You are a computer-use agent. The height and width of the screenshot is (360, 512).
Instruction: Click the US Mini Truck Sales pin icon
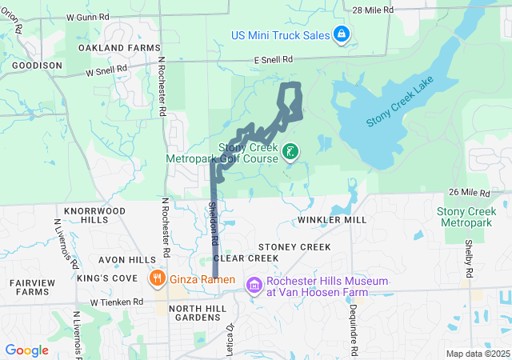click(x=342, y=34)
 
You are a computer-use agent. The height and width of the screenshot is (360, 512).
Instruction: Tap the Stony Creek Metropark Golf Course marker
click(x=290, y=151)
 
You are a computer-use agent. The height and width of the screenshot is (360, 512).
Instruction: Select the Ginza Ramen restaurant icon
click(x=157, y=279)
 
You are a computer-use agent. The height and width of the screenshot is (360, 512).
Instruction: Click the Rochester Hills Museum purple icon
click(x=254, y=285)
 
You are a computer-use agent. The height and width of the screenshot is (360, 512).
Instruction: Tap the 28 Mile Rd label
click(x=374, y=9)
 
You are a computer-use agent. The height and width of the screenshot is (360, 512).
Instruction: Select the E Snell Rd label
click(x=274, y=60)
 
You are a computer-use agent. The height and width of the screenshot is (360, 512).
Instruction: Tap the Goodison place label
click(x=37, y=66)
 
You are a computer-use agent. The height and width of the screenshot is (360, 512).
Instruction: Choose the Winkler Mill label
click(x=331, y=219)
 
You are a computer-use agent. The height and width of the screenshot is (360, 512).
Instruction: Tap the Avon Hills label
click(x=127, y=260)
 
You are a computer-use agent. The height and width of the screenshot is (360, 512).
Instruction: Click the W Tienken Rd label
click(x=117, y=302)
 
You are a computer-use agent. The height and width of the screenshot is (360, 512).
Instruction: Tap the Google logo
click(x=27, y=350)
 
